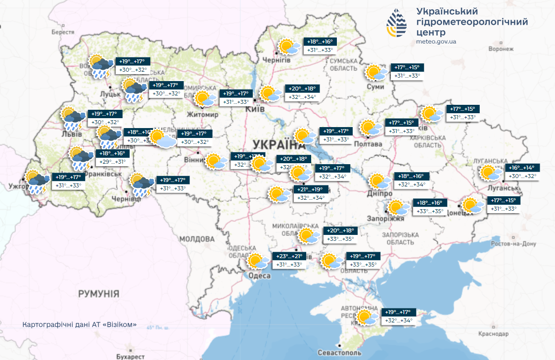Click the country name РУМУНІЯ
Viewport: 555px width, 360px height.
(99, 294)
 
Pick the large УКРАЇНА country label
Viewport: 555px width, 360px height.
(278, 144)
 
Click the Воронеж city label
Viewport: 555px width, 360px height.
(501, 49)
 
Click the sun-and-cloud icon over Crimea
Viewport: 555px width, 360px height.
(367, 317)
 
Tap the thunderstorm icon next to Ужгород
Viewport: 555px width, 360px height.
(36, 181)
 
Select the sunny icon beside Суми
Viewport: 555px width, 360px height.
(376, 73)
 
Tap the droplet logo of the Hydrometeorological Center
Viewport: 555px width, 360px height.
(398, 23)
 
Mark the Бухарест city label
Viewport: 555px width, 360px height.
(128, 356)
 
